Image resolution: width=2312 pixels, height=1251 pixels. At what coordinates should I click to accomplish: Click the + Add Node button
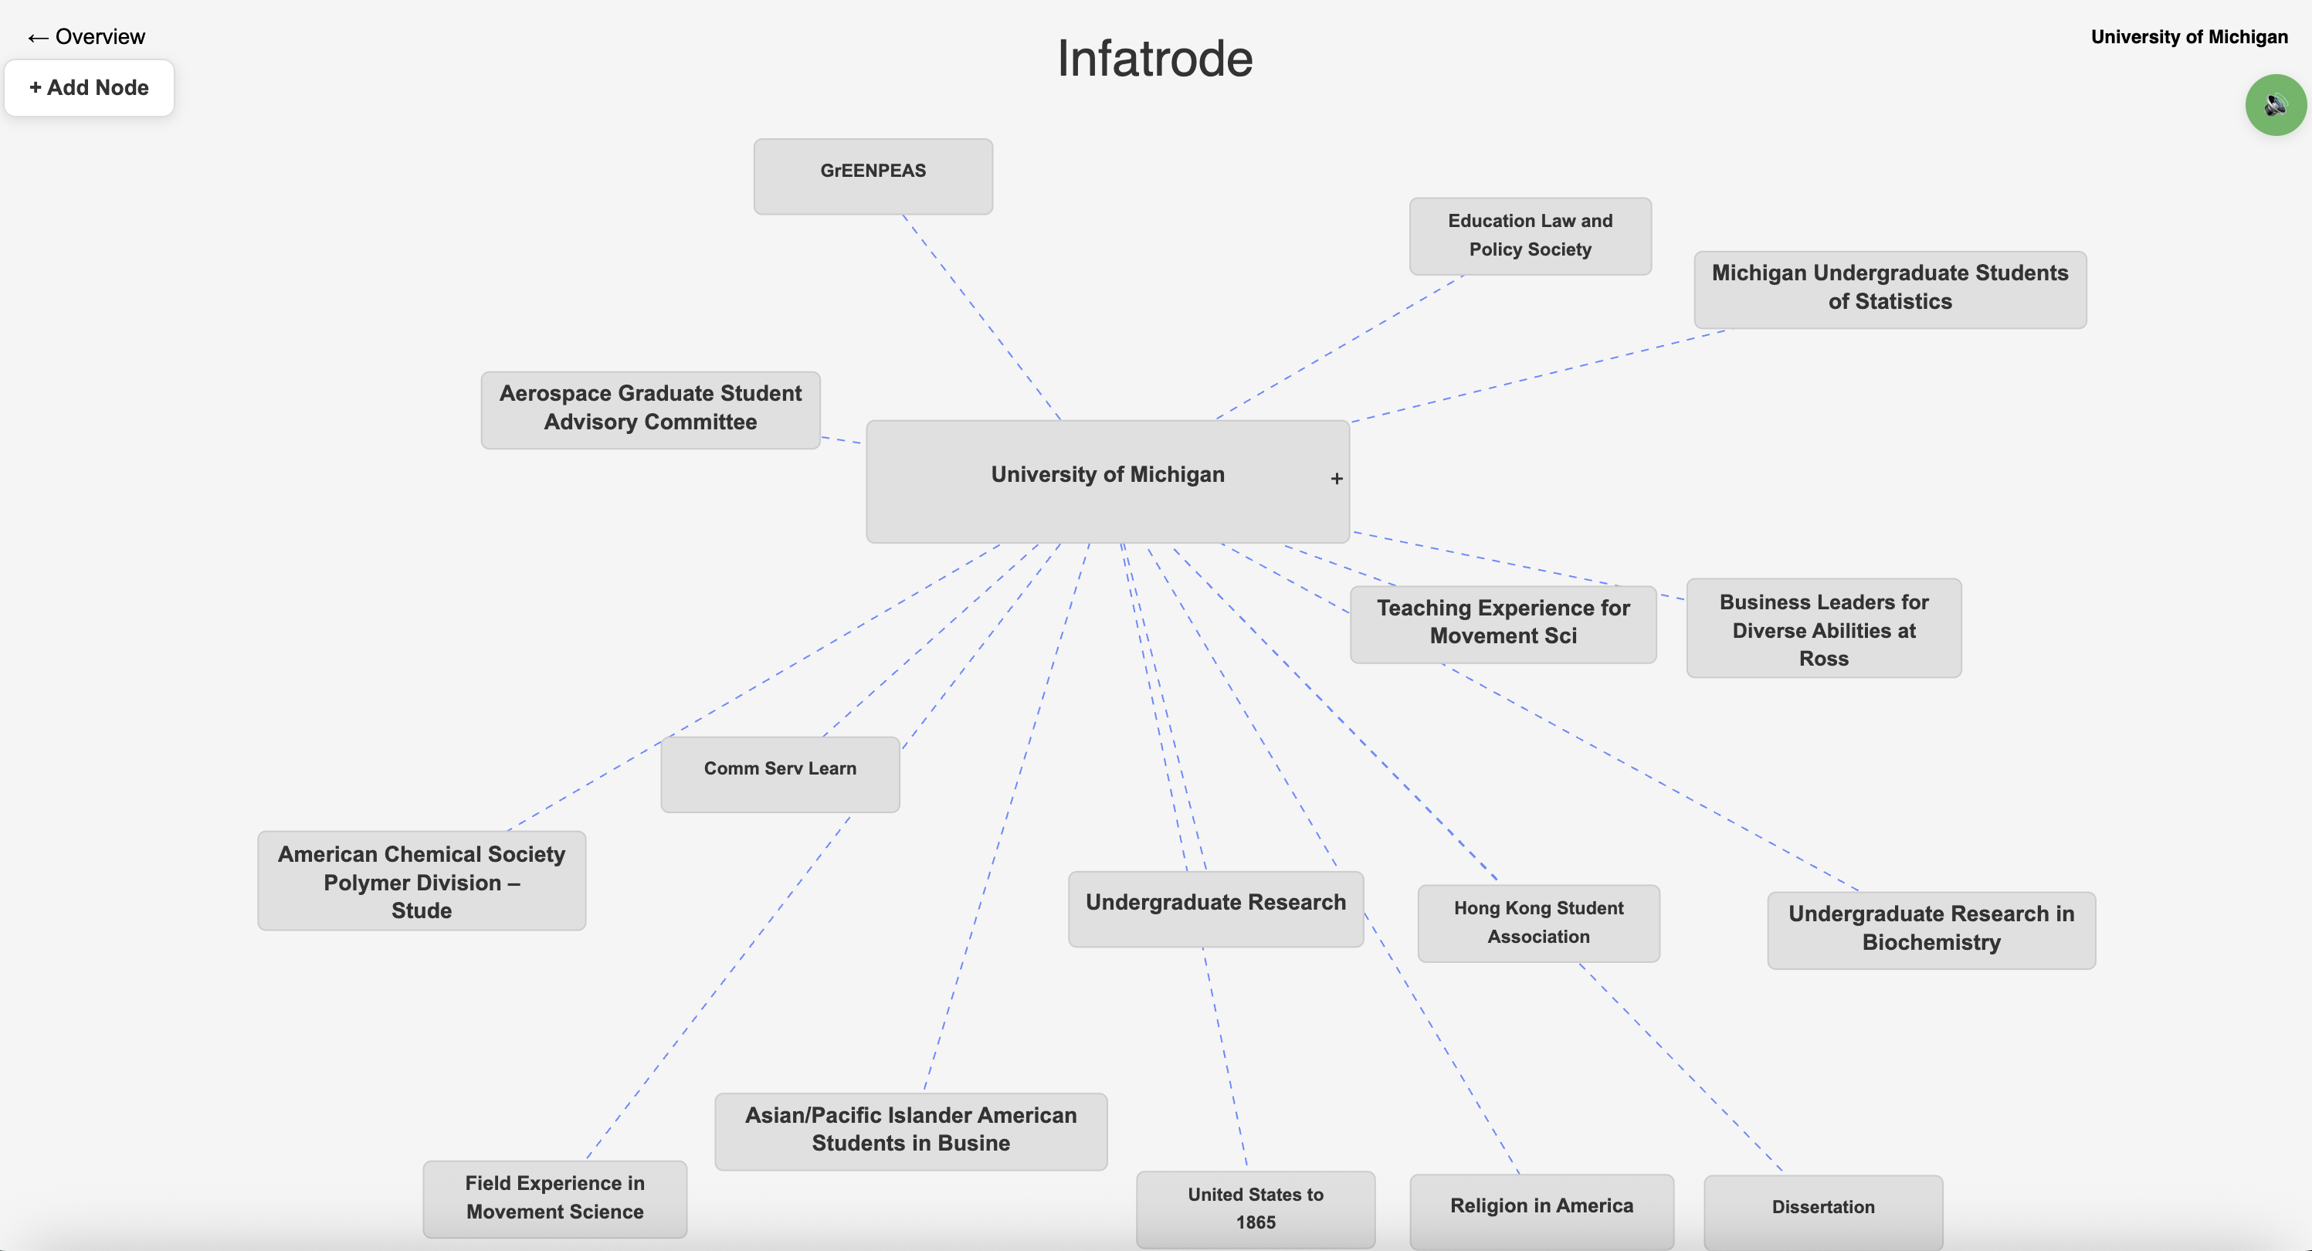[89, 88]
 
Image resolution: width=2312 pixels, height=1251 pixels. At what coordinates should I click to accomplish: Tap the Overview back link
[86, 37]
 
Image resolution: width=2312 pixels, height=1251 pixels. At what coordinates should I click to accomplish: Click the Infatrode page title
[1154, 59]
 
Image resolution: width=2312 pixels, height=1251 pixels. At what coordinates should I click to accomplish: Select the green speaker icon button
[2274, 105]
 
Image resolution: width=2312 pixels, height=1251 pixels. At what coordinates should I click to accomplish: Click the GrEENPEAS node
[873, 176]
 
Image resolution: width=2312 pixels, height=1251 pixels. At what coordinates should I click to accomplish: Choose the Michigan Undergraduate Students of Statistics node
[1890, 289]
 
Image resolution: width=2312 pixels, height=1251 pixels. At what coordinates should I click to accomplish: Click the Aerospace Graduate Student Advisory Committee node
[649, 409]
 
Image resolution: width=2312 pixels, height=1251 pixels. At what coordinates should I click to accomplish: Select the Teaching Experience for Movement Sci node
[1503, 624]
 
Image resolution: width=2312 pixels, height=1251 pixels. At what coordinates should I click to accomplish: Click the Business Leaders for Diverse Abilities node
[1823, 628]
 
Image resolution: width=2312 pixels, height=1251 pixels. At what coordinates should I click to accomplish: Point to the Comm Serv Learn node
[779, 774]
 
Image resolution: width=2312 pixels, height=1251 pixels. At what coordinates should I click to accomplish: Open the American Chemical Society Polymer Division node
[421, 880]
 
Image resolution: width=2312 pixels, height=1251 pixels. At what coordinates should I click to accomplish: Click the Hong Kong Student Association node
[1537, 923]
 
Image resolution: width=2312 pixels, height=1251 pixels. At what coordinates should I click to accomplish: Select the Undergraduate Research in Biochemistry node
[1931, 929]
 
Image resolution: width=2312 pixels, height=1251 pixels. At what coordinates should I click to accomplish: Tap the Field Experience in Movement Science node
[554, 1198]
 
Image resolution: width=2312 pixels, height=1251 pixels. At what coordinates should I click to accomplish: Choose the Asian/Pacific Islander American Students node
[910, 1130]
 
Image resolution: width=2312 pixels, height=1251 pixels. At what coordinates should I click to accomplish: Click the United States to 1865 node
[1255, 1208]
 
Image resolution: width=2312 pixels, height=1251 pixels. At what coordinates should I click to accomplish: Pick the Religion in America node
[1541, 1207]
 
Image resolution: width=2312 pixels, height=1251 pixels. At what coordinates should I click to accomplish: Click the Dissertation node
[1822, 1208]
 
